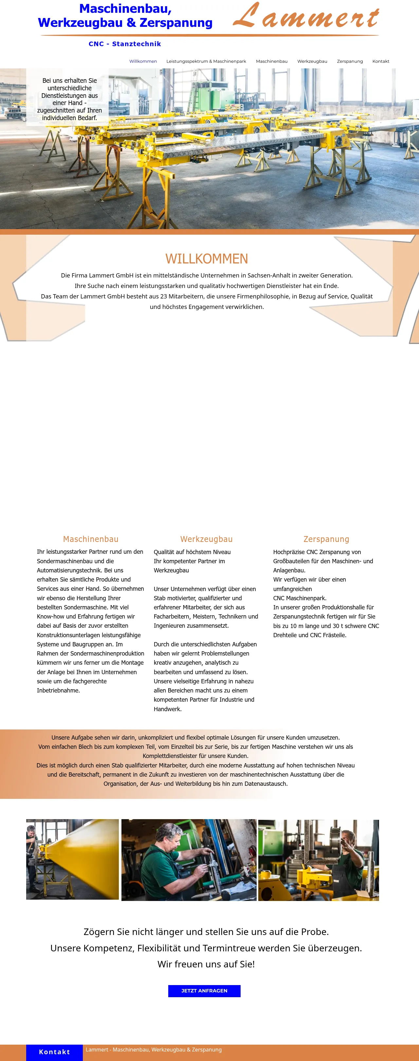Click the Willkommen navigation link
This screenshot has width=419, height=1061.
(x=143, y=62)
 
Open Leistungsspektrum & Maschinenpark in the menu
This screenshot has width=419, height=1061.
(x=206, y=62)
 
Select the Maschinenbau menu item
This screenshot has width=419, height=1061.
(x=271, y=62)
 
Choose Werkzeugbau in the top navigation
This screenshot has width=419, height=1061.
(x=312, y=62)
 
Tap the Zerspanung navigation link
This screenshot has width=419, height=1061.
(x=350, y=62)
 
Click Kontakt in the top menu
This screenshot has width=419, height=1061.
(x=381, y=62)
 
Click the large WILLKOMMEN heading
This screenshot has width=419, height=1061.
(x=207, y=259)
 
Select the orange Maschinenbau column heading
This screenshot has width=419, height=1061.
(x=91, y=539)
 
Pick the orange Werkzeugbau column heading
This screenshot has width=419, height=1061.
(x=207, y=539)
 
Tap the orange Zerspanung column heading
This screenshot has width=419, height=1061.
(x=326, y=539)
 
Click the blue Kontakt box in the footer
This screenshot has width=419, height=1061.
(x=54, y=1052)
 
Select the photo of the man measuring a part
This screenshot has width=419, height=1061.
(x=189, y=860)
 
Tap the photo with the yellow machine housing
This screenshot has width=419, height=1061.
(x=319, y=860)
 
